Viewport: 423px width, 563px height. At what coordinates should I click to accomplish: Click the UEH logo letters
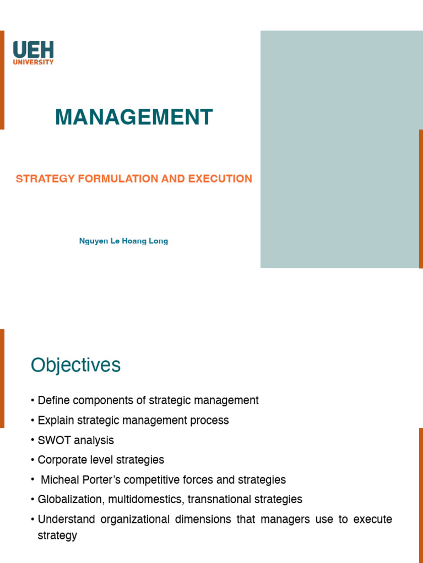[x=33, y=49]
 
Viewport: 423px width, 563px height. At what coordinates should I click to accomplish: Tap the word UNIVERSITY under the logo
[x=33, y=62]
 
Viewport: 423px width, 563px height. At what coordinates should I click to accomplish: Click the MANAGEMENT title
[x=134, y=117]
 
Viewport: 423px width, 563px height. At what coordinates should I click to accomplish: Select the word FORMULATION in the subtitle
[x=118, y=179]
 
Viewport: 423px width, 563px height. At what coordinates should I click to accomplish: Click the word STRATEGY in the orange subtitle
[x=45, y=179]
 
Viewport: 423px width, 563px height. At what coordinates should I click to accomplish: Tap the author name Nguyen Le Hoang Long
[x=123, y=241]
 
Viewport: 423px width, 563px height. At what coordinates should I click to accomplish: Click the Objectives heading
[x=75, y=365]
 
